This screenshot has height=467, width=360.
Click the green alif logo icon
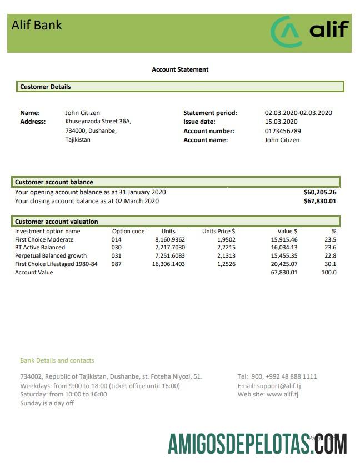click(287, 32)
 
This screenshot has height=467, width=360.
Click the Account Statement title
click(180, 69)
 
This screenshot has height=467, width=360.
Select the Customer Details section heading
click(46, 87)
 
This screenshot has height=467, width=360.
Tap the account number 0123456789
click(283, 131)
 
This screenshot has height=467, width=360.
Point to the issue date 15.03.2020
click(281, 122)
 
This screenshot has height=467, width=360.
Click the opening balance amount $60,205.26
click(320, 192)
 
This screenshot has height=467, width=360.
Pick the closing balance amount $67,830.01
click(320, 201)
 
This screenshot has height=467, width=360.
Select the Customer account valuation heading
click(56, 222)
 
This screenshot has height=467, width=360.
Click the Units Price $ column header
click(218, 231)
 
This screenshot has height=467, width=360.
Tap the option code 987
click(117, 264)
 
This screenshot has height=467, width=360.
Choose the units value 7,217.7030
click(169, 248)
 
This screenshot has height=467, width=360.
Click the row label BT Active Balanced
click(40, 248)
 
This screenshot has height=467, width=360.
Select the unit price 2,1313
click(226, 256)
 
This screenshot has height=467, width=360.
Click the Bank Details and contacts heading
click(57, 360)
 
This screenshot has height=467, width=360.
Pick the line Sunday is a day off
click(47, 403)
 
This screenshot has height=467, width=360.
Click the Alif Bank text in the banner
click(37, 25)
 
